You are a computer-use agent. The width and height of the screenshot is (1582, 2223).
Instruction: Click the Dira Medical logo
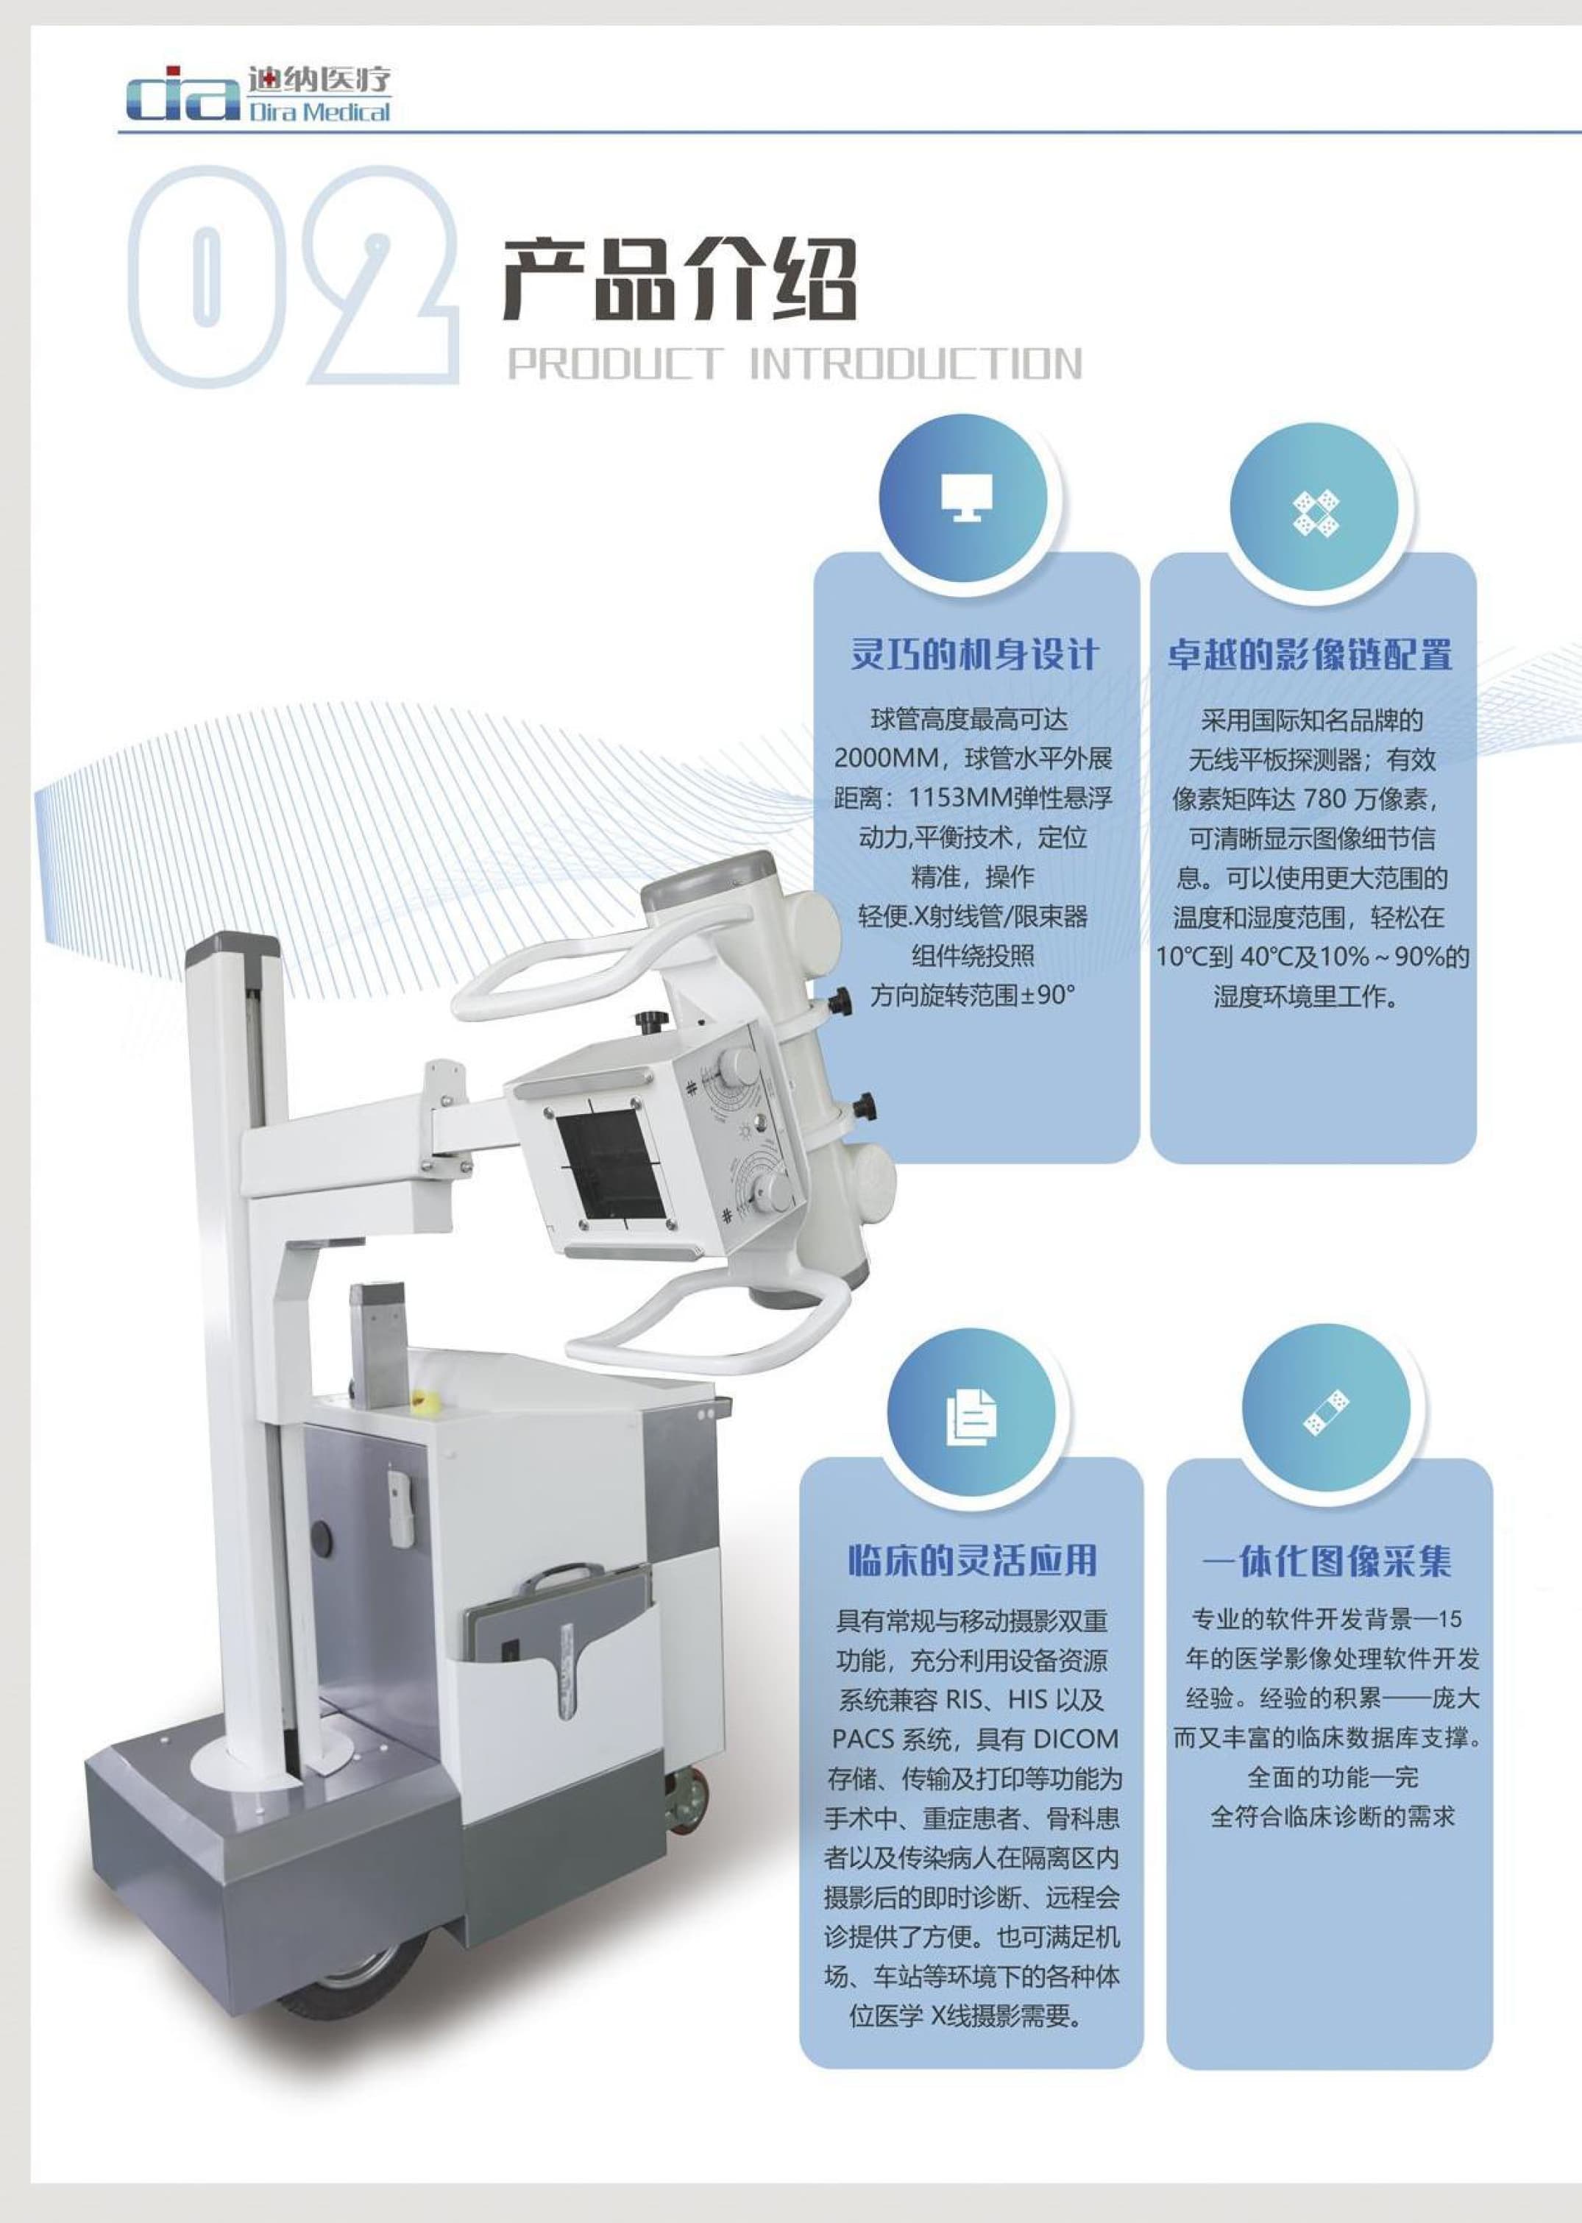point(258,94)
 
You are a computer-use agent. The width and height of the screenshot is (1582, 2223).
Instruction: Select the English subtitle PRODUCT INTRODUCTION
point(794,364)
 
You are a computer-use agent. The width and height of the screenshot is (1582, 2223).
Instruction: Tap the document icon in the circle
point(971,1416)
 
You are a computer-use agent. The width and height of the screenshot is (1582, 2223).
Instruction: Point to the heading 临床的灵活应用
point(972,1559)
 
